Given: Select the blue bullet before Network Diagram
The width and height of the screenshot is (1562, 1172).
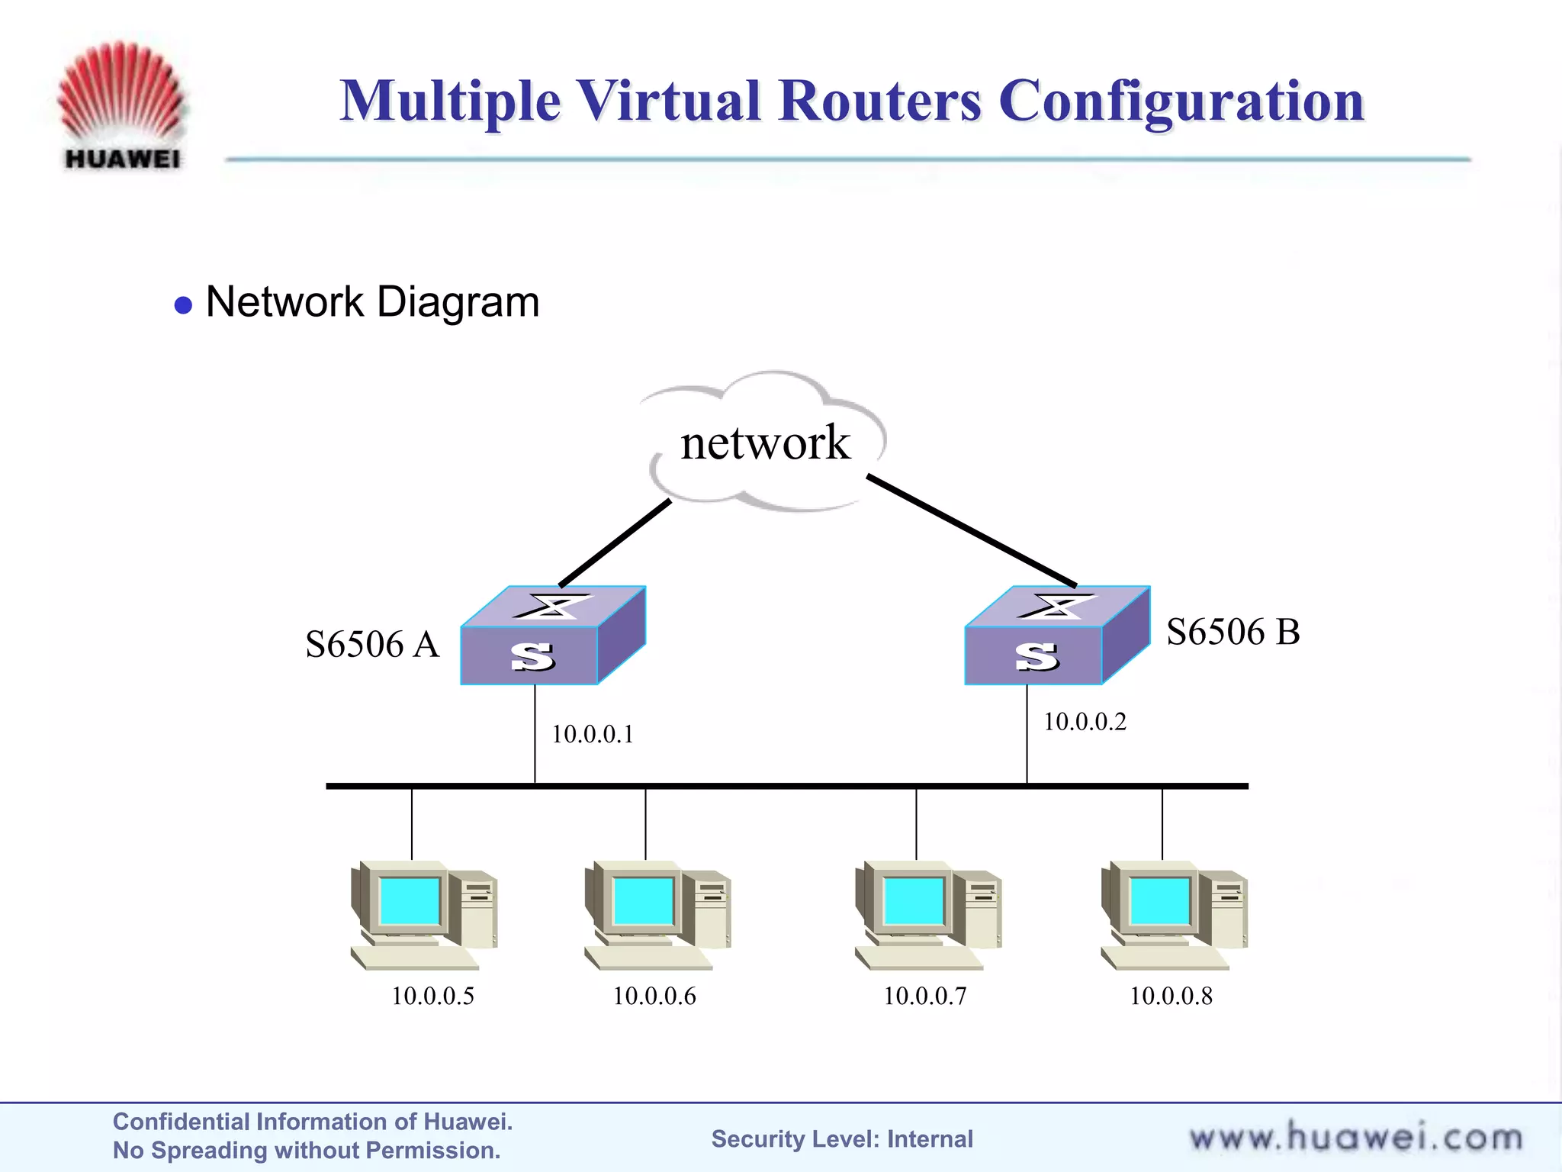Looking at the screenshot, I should (183, 306).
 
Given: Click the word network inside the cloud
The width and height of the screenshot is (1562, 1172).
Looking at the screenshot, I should (765, 443).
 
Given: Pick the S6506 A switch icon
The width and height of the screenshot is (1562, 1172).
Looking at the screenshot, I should (552, 636).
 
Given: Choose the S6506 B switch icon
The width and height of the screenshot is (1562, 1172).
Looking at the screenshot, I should (1056, 636).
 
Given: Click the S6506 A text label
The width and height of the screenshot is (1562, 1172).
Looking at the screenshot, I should (372, 645).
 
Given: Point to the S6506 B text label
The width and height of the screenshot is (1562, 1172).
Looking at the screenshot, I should (1233, 633).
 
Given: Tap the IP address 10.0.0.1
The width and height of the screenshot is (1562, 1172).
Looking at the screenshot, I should (593, 735).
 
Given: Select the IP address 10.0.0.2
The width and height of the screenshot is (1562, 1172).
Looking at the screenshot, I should (1085, 723).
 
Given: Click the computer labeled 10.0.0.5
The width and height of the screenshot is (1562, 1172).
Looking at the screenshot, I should (423, 915).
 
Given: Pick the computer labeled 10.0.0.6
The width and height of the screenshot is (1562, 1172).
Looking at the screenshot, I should (657, 915).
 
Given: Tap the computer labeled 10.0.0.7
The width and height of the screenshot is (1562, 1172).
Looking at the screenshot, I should (927, 915).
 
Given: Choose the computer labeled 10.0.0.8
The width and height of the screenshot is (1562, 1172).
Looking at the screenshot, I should (1174, 915).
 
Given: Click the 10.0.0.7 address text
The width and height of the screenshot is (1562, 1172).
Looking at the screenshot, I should (924, 997).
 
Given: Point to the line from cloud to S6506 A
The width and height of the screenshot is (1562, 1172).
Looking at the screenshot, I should (615, 543).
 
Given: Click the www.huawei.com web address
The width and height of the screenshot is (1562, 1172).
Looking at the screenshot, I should (1355, 1138).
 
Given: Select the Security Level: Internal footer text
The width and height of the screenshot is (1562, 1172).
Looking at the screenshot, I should (842, 1139).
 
